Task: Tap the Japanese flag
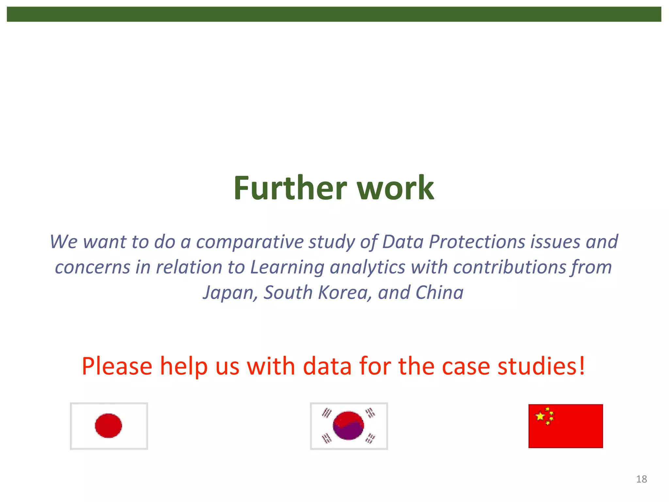click(109, 426)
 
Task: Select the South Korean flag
click(349, 426)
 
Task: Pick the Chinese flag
click(565, 426)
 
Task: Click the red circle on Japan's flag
click(108, 426)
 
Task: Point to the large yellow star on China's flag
click(540, 416)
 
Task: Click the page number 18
click(641, 479)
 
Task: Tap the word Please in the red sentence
click(117, 366)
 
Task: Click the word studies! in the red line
click(541, 366)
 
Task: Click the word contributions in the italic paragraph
click(509, 267)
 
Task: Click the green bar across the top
click(334, 14)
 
